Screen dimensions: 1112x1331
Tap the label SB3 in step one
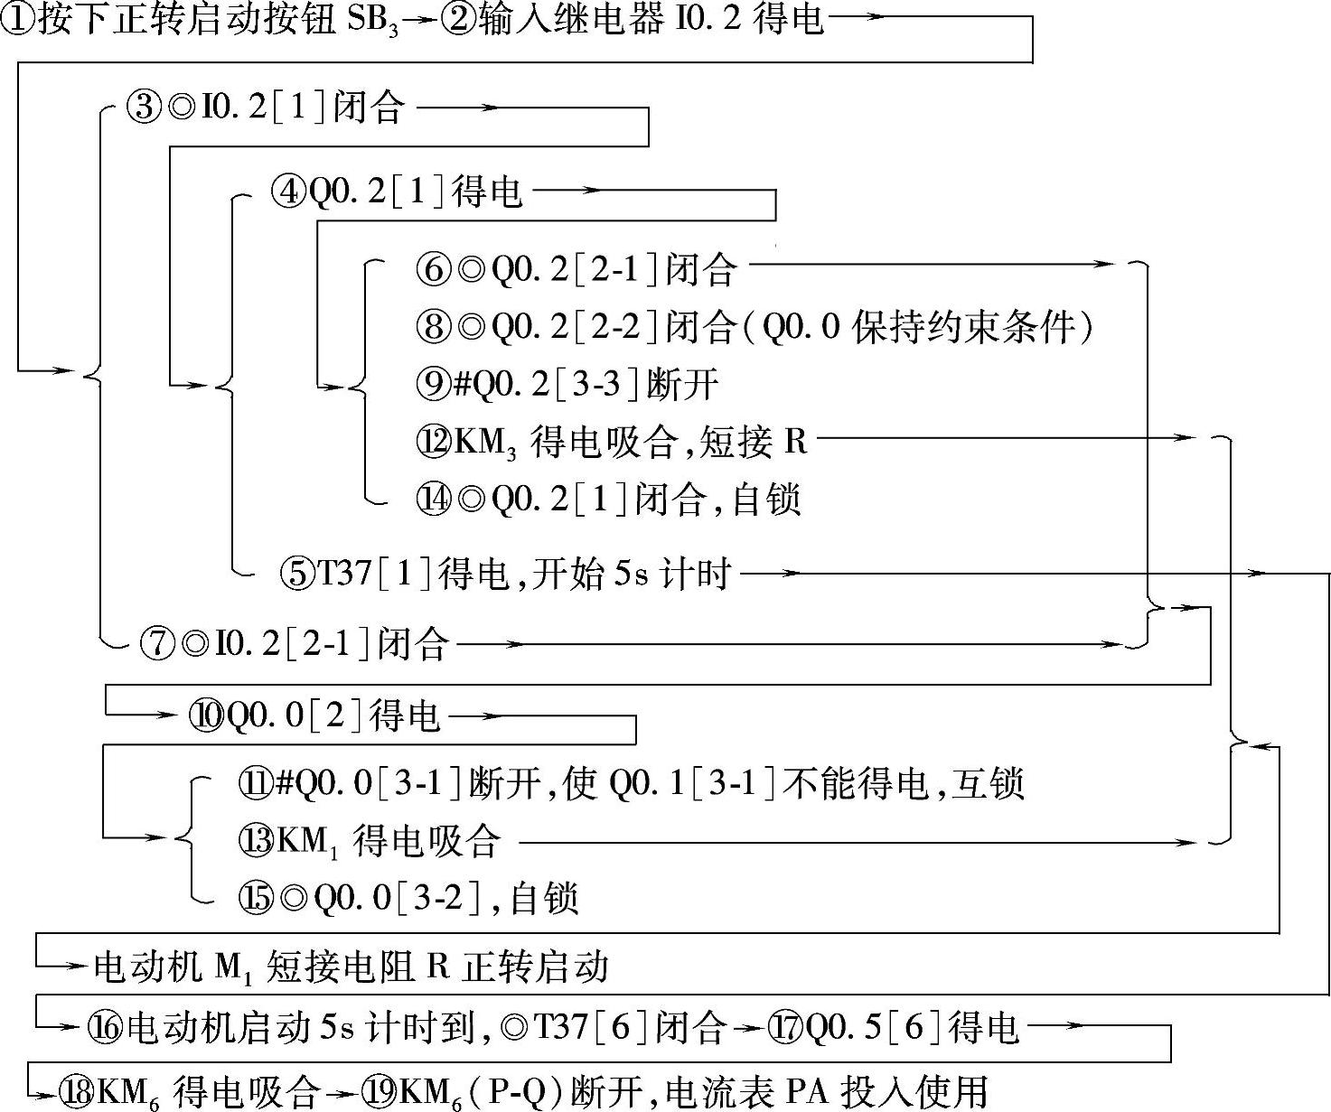pos(371,21)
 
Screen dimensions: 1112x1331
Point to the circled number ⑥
pos(433,268)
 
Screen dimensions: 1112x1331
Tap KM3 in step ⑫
pos(484,443)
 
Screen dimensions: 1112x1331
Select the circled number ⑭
pos(433,500)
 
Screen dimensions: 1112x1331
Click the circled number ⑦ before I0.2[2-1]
pos(157,643)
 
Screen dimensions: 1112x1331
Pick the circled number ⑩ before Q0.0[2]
pos(204,715)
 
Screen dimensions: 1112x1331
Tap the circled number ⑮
pos(254,898)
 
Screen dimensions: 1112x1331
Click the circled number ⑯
pos(106,1026)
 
